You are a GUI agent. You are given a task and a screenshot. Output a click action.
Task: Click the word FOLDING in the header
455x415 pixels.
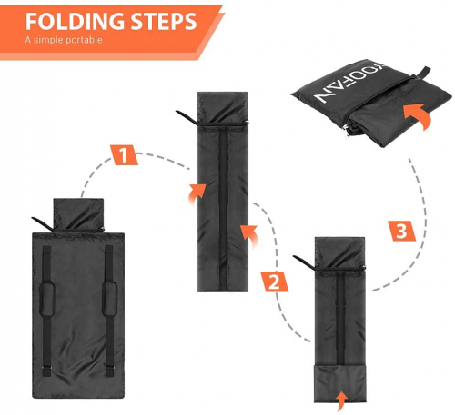pos(75,21)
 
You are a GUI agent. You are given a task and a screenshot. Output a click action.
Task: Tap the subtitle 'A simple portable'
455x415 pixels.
pos(64,40)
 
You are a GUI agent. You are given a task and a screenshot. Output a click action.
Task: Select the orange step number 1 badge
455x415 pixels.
pos(124,155)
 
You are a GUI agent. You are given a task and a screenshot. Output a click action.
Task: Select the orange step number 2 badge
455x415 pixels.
pos(275,282)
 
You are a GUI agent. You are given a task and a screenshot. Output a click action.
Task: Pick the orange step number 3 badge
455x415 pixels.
pos(402,231)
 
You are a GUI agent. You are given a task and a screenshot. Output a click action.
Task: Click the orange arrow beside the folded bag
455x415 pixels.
pos(418,115)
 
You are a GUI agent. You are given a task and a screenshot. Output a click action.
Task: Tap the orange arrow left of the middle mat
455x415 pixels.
pos(197,194)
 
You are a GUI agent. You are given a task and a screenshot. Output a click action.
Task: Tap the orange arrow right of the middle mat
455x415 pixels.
pos(249,235)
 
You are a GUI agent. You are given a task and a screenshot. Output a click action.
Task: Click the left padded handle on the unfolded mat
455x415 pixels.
pos(47,300)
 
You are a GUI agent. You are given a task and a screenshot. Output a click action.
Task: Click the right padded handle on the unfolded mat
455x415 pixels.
pos(109,299)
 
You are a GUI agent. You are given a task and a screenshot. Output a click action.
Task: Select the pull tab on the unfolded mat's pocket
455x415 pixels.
pos(43,223)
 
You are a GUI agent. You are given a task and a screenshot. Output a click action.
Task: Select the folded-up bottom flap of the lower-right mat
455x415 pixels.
pos(339,384)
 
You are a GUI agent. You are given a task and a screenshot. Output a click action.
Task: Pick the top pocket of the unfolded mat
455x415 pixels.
pos(78,215)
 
